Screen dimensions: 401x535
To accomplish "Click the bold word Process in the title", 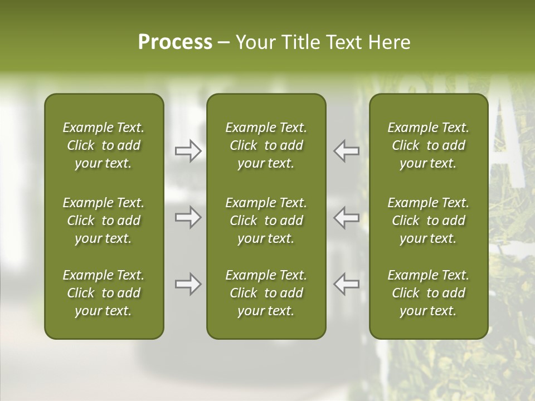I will click(175, 42).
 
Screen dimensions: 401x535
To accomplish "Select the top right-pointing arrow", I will click(188, 151).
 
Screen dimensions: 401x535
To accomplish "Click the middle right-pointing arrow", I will click(188, 217).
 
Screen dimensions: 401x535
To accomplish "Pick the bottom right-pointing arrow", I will click(188, 284).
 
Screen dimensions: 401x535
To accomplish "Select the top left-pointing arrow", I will click(346, 151).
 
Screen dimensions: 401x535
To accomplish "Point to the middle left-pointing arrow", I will click(346, 217).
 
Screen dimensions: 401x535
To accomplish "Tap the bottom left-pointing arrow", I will click(346, 284).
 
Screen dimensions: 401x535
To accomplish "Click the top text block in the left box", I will click(104, 145).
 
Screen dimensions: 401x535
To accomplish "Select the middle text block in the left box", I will click(104, 221).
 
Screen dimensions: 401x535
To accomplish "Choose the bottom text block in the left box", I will click(104, 293).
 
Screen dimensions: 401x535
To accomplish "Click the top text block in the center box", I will click(266, 145).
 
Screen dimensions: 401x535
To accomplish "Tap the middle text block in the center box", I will click(266, 221).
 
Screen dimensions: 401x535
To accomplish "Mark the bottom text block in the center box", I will click(266, 293).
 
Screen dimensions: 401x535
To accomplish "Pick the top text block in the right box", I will click(428, 145).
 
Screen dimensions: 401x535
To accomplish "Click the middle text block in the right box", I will click(428, 221).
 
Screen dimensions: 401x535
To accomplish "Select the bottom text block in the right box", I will click(428, 293).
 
